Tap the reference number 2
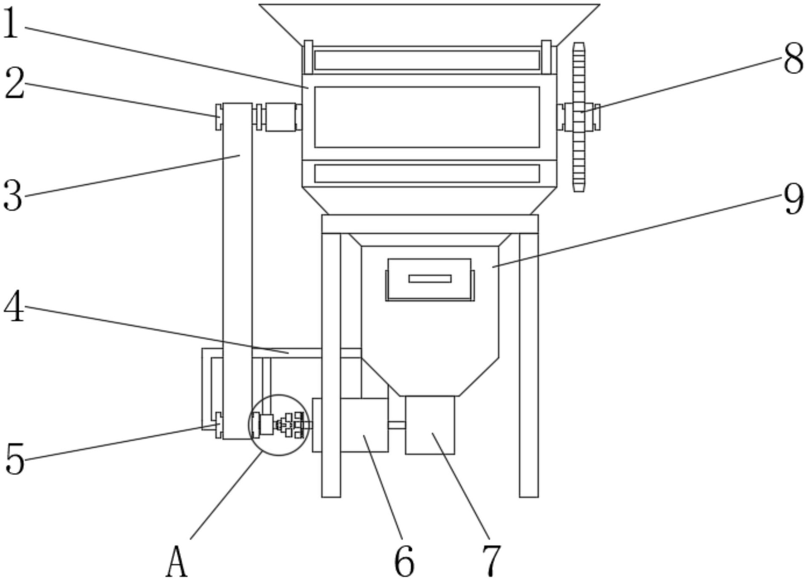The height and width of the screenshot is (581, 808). [x=14, y=83]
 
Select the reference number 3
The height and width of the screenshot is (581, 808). [x=13, y=195]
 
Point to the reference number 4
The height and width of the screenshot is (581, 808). [x=14, y=307]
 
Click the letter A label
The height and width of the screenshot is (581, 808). [x=177, y=562]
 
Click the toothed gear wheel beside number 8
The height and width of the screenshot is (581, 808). [x=579, y=117]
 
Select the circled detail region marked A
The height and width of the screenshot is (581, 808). [x=279, y=425]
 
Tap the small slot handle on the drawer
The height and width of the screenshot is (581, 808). [x=430, y=279]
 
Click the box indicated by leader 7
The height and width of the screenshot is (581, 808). [x=430, y=425]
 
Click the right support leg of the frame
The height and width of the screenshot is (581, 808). [x=529, y=365]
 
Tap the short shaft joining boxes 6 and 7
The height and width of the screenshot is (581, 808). [x=397, y=425]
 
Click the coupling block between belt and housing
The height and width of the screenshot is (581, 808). [x=281, y=117]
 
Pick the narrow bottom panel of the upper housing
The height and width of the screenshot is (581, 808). [x=427, y=173]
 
